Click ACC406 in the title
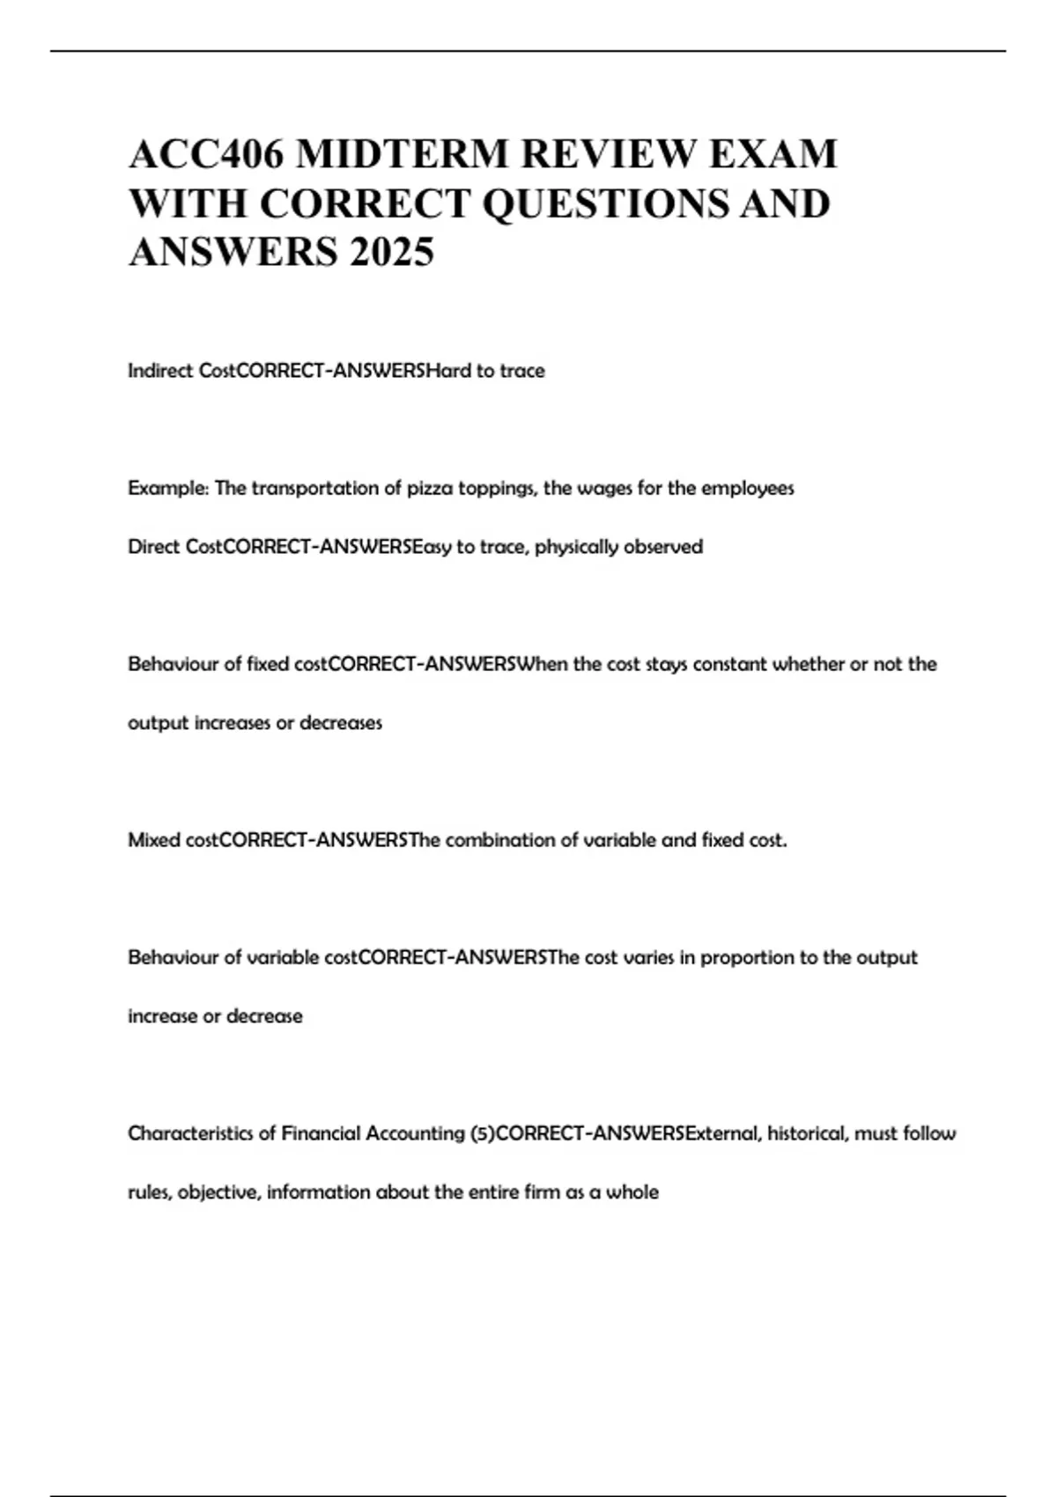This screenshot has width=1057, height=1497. (206, 154)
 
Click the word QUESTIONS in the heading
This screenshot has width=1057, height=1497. (606, 203)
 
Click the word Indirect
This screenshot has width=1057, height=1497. (160, 371)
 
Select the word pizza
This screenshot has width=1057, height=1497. (429, 488)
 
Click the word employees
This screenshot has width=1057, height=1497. (747, 488)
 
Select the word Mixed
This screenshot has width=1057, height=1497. (154, 840)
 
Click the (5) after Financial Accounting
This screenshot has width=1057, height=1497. (481, 1133)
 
